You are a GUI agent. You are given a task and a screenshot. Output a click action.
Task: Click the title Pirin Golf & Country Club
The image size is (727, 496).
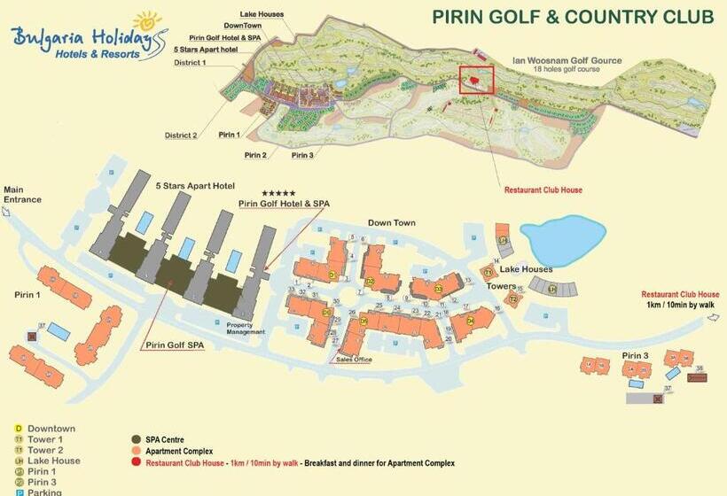point(573,17)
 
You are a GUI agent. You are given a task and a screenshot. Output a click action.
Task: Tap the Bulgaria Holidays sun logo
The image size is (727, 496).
point(146,20)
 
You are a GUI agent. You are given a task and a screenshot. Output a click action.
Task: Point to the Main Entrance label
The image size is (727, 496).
point(22,194)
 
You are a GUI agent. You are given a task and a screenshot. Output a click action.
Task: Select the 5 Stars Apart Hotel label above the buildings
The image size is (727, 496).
point(195,186)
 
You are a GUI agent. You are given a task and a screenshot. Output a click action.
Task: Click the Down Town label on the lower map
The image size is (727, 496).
point(391,223)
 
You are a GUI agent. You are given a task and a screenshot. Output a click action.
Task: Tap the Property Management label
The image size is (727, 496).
point(246,328)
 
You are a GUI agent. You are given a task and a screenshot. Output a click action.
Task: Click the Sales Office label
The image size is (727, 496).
point(354,360)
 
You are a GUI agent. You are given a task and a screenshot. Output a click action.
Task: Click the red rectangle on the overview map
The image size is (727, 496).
point(476,79)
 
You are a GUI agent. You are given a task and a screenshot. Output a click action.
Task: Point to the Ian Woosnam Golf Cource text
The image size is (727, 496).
point(567,61)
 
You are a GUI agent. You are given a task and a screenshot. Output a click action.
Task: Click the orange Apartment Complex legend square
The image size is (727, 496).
point(137,451)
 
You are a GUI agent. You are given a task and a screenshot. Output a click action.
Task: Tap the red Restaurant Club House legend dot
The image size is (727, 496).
point(137,462)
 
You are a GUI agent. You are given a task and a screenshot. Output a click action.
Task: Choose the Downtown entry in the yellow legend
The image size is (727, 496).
point(51,429)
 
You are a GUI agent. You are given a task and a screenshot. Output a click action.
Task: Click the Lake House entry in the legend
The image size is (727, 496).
point(53,461)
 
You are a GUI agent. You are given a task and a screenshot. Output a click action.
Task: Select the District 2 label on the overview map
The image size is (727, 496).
point(181,136)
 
